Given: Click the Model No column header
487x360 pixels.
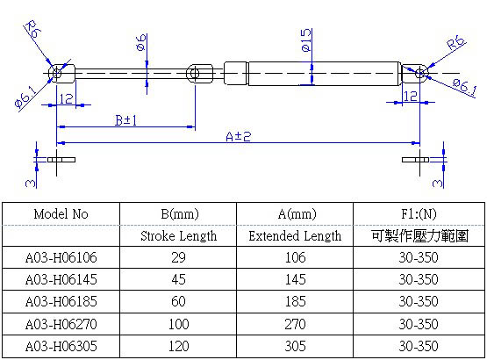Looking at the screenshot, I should tap(61, 214).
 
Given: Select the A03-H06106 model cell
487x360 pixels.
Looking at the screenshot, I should tap(61, 258).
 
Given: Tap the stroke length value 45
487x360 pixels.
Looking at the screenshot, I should tap(179, 280).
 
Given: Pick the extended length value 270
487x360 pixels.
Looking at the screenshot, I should tap(295, 324).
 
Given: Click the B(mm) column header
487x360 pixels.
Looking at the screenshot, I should tap(179, 214).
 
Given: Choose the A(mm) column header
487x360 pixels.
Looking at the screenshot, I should tap(295, 214).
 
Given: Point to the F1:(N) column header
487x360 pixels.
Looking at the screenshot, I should tap(418, 214).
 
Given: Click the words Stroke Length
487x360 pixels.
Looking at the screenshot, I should tap(179, 236).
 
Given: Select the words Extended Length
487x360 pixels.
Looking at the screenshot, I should tap(295, 236).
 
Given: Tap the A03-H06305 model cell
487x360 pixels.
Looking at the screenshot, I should tap(61, 346).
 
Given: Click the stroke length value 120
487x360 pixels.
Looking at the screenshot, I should tap(179, 346).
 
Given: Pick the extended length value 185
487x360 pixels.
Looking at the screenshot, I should tap(295, 302).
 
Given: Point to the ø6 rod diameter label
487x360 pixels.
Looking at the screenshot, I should tap(141, 42).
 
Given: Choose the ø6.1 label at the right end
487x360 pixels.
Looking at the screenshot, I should tap(463, 85).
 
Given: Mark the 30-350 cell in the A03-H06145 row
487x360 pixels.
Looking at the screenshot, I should tap(418, 280).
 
